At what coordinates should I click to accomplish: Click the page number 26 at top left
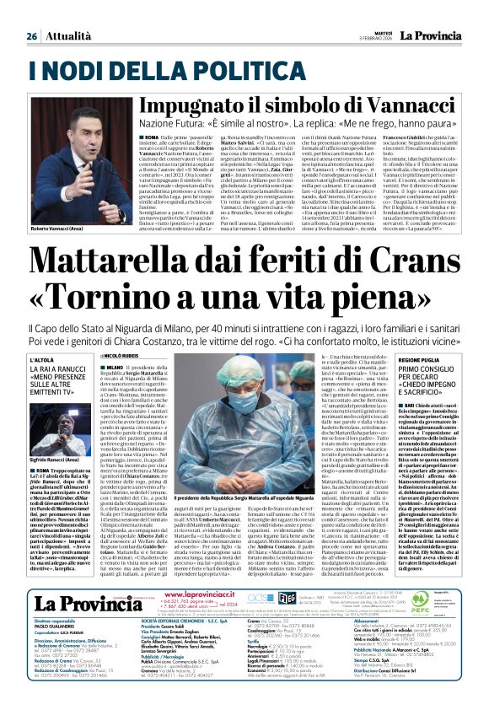click(31, 37)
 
